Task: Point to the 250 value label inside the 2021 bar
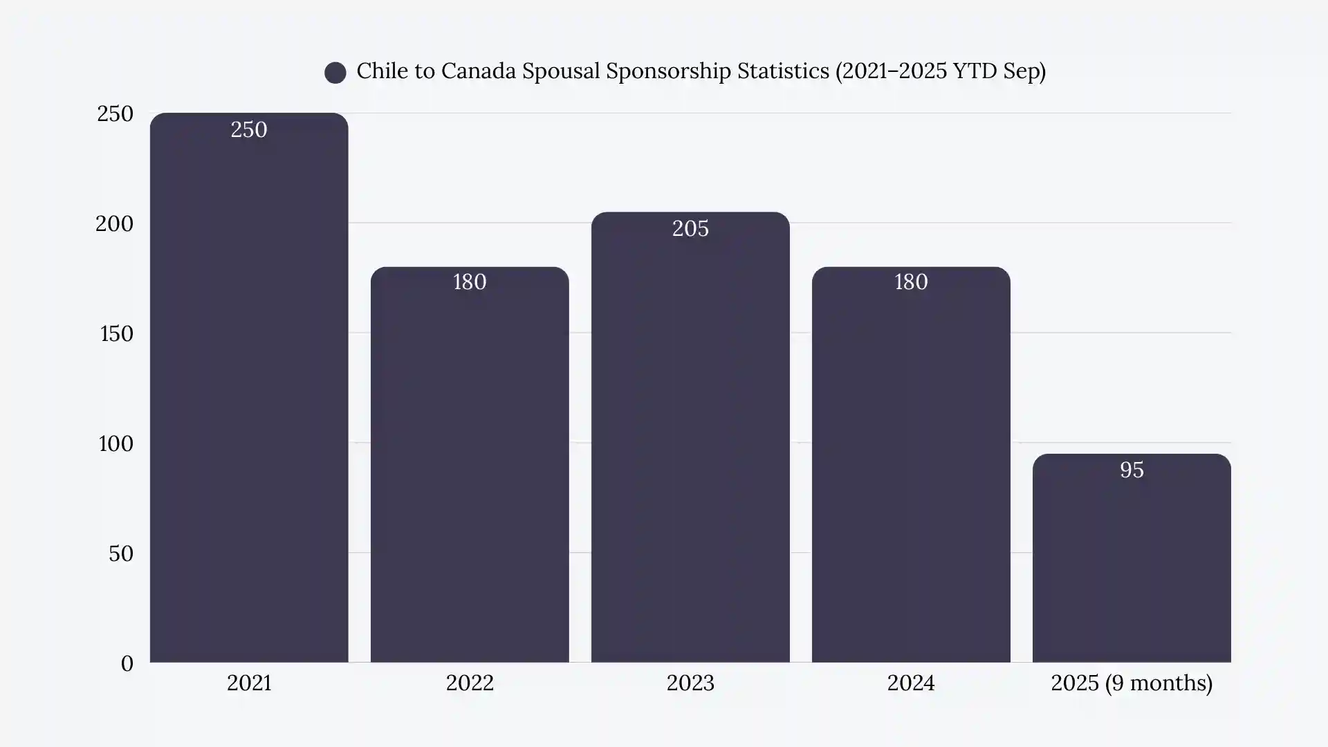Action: pos(249,130)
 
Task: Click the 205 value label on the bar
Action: pos(690,229)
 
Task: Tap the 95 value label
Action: pos(1132,470)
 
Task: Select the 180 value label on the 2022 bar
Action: pos(470,282)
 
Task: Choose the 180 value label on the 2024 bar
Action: pos(911,282)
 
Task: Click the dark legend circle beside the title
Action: pos(335,73)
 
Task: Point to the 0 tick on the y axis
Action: pos(127,664)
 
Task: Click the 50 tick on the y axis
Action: pos(121,554)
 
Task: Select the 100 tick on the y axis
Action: pos(116,444)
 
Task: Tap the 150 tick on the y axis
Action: pos(116,334)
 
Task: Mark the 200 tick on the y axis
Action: pos(115,224)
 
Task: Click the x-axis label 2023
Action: pos(690,683)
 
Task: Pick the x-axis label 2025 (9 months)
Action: pos(1132,683)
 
